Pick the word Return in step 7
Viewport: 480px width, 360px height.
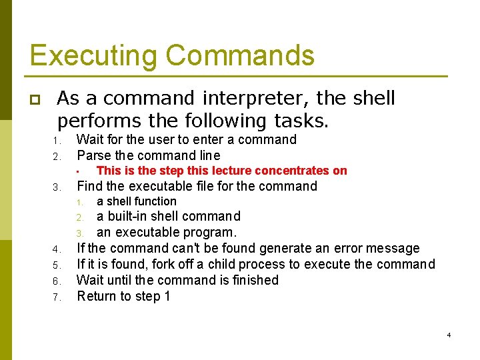coord(95,296)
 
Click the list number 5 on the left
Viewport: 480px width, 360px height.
coord(57,265)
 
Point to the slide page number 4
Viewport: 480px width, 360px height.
coord(449,335)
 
